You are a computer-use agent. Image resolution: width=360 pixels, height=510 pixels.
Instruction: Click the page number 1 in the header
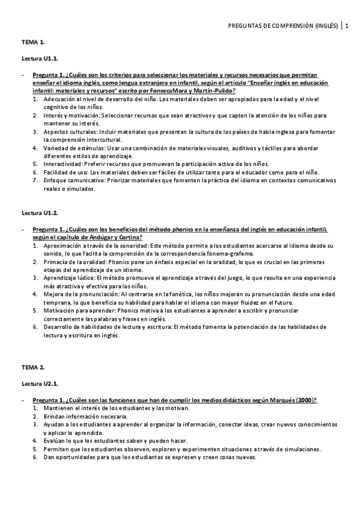pyautogui.click(x=347, y=25)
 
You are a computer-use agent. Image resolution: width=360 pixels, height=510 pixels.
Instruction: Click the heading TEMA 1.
pyautogui.click(x=34, y=43)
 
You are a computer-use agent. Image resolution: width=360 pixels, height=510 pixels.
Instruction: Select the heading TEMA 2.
pyautogui.click(x=34, y=367)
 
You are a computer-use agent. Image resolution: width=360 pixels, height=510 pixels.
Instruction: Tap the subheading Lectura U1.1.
pyautogui.click(x=40, y=59)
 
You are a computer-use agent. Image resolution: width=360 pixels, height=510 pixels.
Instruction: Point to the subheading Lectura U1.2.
pyautogui.click(x=40, y=213)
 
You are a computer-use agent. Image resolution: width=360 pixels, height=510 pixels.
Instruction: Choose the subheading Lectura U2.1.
pyautogui.click(x=40, y=383)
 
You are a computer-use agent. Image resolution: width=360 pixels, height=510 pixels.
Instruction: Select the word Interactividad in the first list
pyautogui.click(x=63, y=164)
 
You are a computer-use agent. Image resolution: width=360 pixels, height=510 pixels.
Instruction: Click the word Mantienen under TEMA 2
pyautogui.click(x=59, y=408)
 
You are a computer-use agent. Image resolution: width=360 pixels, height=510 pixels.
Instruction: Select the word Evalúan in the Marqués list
pyautogui.click(x=54, y=441)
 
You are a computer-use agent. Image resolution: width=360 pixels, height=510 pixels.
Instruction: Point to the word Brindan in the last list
pyautogui.click(x=55, y=416)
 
